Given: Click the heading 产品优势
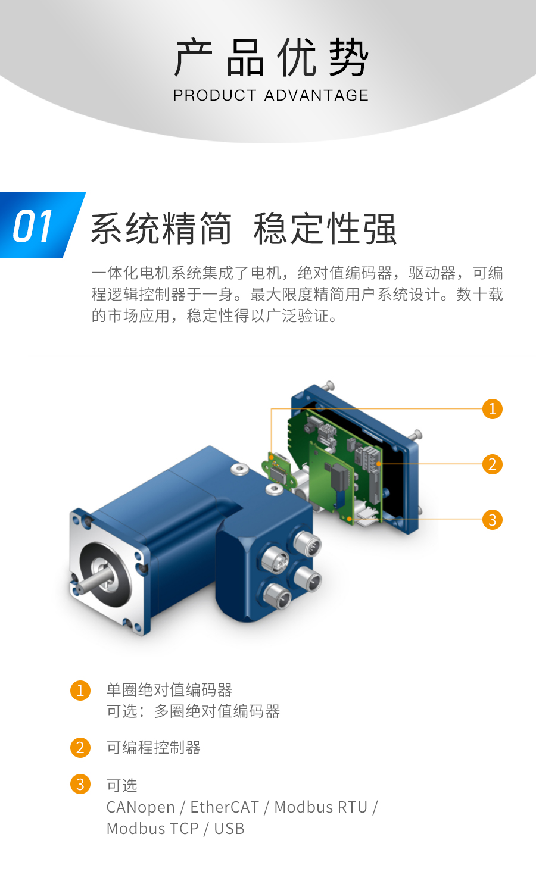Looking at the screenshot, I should tap(271, 57).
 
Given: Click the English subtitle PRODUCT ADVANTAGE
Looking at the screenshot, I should tap(271, 95).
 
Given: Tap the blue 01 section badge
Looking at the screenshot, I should tap(36, 226).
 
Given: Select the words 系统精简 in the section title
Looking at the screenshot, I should tap(161, 229).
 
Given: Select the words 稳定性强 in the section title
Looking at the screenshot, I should tap(325, 229).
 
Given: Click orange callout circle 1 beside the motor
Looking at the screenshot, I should tap(492, 409).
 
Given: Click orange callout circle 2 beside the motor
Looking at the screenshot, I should tap(492, 464).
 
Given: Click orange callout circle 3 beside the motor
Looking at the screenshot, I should tap(492, 520).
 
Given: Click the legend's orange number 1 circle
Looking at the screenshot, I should tap(80, 691).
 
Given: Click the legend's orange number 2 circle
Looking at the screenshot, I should tap(80, 748).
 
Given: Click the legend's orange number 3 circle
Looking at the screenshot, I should tap(80, 784).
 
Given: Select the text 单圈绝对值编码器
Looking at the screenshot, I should tap(169, 690).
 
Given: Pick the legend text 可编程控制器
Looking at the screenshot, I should tap(153, 748).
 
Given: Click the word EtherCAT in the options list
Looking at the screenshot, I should tap(225, 807).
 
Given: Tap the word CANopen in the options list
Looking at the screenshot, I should tap(141, 807).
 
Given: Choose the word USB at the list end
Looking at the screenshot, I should tap(229, 829).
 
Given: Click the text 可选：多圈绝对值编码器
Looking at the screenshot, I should tap(193, 711).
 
